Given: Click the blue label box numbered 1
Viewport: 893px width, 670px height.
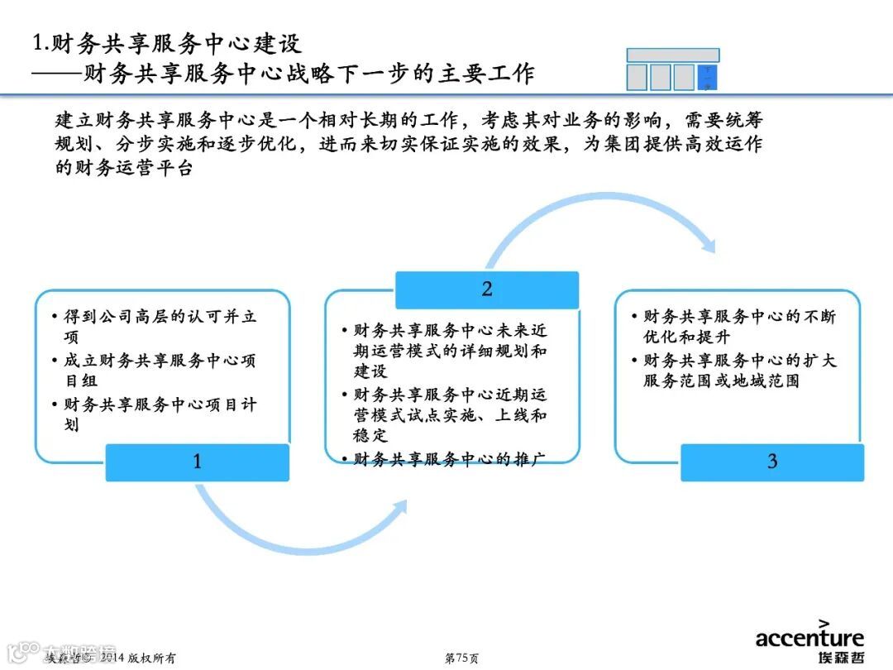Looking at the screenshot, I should coord(197,462).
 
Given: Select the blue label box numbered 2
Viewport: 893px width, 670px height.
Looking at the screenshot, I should coord(486,290).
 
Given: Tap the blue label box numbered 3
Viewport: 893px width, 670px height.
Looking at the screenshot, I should coord(771,462).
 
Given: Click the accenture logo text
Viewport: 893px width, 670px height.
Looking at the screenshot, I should coord(809,638).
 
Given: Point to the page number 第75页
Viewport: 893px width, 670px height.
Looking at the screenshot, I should coord(461,658).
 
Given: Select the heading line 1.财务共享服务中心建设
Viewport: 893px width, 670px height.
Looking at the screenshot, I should coord(166,42).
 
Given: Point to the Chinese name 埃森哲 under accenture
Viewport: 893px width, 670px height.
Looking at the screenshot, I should coord(834,658).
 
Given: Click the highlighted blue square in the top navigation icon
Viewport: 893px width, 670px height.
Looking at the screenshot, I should coord(708,77).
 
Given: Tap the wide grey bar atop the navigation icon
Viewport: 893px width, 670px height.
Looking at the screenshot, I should coord(672,55).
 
